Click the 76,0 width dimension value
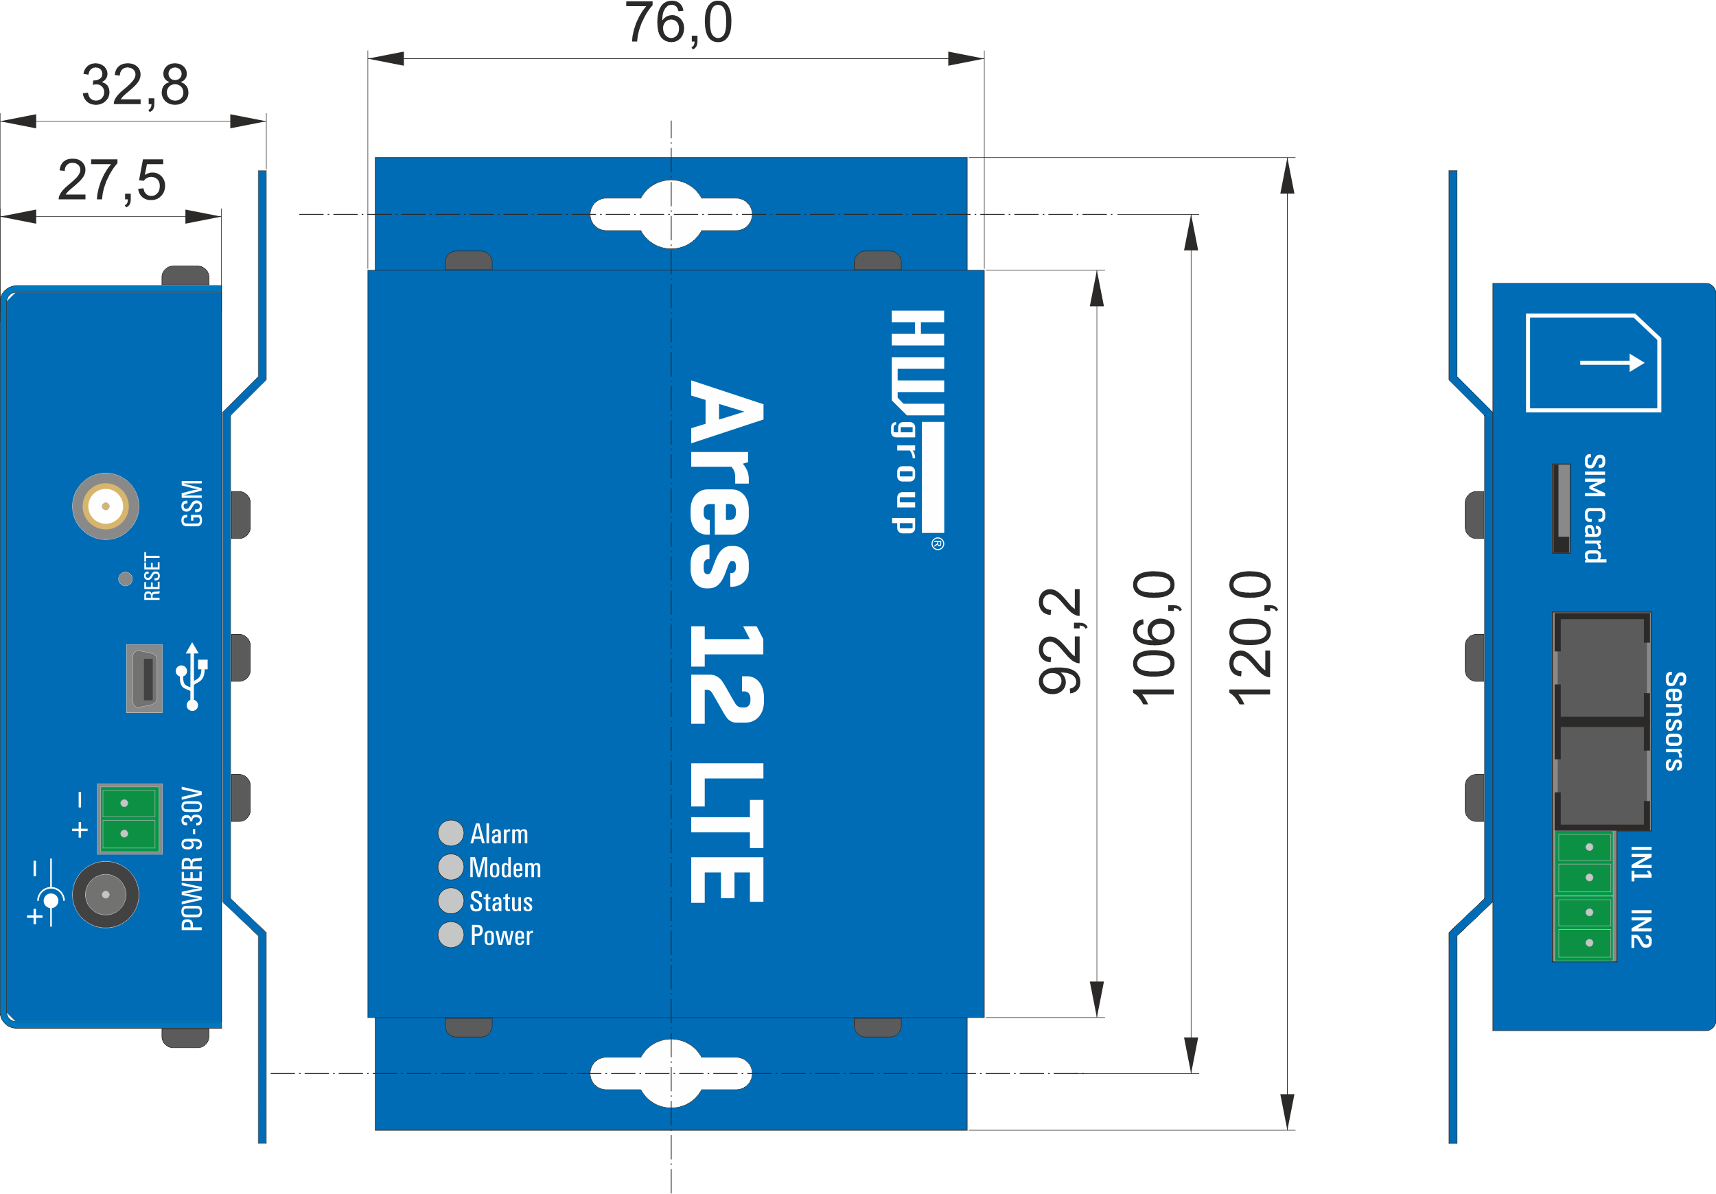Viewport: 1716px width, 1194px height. pos(678,24)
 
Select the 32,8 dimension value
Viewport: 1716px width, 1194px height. pos(135,85)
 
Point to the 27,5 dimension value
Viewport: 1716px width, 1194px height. pos(111,181)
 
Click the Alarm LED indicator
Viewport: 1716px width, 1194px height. pos(451,832)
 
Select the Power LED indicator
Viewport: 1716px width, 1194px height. pos(451,935)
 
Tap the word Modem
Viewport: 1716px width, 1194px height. pos(505,867)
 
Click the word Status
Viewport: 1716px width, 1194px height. pos(501,902)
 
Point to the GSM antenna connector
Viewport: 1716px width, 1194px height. pos(106,506)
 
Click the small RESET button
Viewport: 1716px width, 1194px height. pos(126,578)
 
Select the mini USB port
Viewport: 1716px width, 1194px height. pos(145,679)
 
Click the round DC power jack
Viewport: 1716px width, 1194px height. pos(106,894)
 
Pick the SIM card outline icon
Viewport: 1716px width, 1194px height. pos(1593,363)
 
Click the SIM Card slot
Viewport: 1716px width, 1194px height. pos(1562,508)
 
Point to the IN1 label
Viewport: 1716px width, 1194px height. pos(1641,864)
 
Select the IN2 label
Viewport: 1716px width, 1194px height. pos(1641,928)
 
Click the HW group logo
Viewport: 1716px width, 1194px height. pos(918,422)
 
